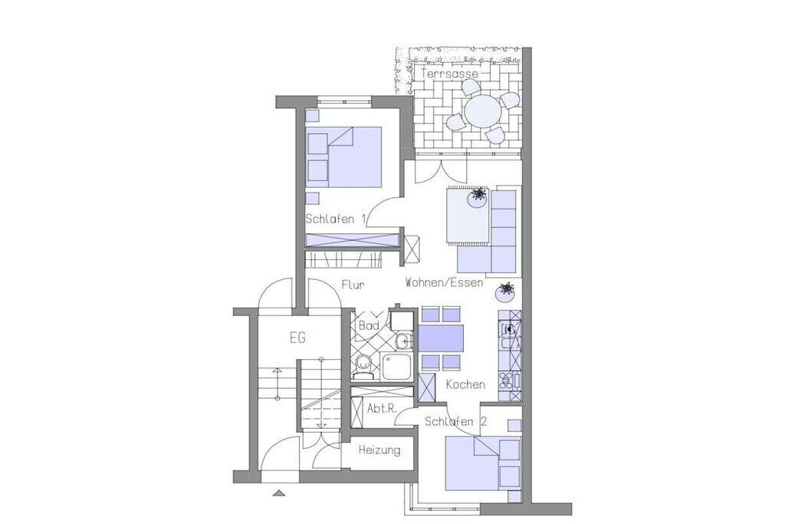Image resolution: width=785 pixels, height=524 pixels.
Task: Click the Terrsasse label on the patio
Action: tap(449, 74)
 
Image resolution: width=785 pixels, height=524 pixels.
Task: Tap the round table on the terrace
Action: tap(482, 112)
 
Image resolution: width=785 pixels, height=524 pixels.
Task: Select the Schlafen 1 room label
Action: tap(336, 219)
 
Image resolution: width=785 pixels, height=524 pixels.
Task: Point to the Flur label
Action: tap(353, 285)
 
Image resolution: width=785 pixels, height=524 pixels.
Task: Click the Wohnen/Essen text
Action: tap(444, 282)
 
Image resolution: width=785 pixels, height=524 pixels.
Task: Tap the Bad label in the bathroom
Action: tap(369, 325)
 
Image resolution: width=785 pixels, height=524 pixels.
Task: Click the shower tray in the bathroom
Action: tap(396, 367)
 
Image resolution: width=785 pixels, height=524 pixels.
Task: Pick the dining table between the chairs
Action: tap(441, 338)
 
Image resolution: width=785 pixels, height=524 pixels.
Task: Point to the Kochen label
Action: tap(465, 384)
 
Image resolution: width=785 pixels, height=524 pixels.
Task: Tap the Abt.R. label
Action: tap(382, 408)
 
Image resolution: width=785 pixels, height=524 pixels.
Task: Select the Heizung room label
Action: tap(379, 450)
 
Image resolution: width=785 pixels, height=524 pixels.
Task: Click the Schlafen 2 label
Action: tap(455, 422)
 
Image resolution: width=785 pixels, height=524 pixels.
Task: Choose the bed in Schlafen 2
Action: tap(483, 463)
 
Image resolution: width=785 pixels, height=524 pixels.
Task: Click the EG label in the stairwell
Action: tap(297, 338)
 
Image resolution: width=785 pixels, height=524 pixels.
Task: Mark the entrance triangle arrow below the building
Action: tap(278, 493)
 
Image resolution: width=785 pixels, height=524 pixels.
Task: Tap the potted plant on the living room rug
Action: tap(477, 197)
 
